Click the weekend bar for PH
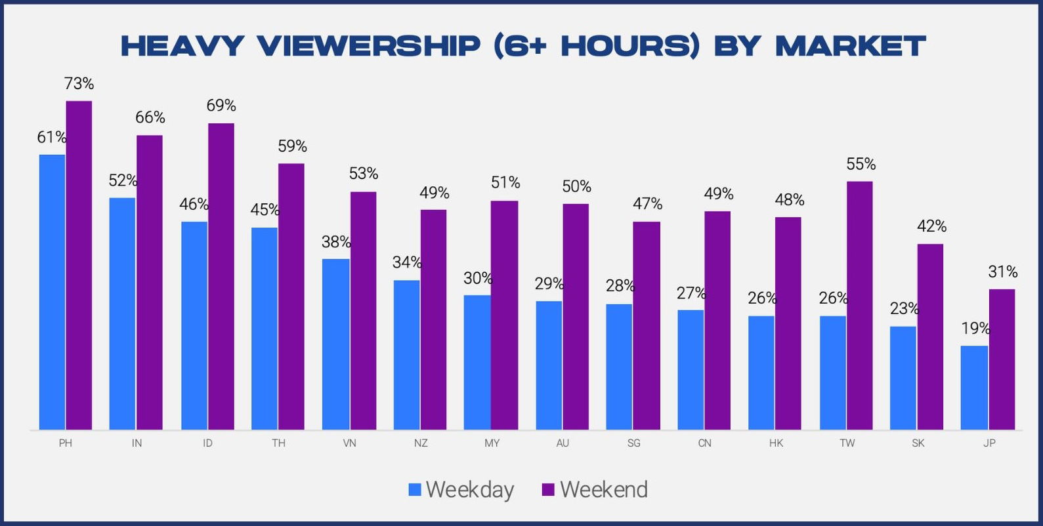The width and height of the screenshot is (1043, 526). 79,266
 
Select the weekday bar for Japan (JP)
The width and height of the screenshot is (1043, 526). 974,388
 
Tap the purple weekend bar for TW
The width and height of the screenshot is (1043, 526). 860,306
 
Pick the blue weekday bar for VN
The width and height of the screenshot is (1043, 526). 336,344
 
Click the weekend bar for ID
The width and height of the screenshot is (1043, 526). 221,277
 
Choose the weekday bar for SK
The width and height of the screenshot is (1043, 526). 903,378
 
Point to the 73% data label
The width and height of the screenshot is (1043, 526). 79,84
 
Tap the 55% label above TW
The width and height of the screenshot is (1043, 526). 861,164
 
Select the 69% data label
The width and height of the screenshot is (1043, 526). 221,106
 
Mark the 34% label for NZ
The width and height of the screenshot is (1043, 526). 407,262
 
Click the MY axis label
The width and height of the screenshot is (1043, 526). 492,443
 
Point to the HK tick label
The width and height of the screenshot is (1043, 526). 776,443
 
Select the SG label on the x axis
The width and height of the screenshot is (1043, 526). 633,443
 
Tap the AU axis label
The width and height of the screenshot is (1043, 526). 563,443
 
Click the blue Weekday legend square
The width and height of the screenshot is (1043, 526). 415,489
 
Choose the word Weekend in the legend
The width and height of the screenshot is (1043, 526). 604,489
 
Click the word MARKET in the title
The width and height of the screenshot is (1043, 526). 851,46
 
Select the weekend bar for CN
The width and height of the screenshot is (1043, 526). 717,321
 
